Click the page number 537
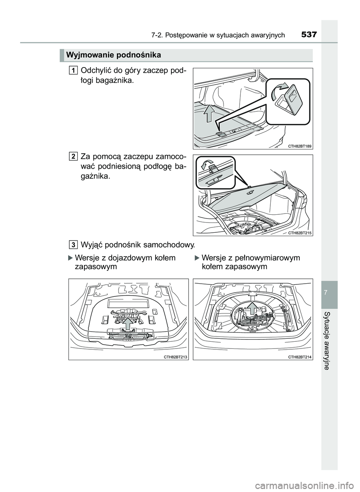click(309, 35)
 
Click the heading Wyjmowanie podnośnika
click(113, 55)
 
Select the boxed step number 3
click(73, 245)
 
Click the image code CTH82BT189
click(300, 146)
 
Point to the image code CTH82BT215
click(300, 233)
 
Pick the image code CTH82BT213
click(175, 357)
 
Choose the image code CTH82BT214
click(300, 357)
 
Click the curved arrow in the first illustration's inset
click(281, 90)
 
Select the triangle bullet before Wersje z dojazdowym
click(70, 258)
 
